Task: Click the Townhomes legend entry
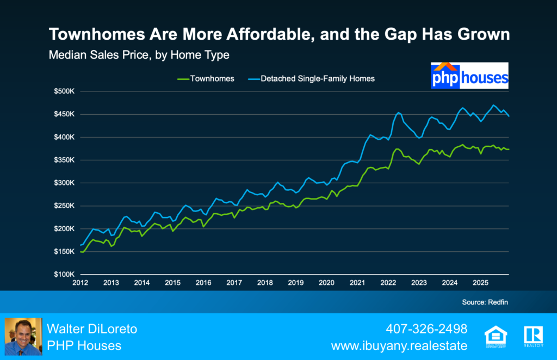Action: click(x=206, y=78)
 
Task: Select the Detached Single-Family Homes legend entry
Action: click(x=318, y=78)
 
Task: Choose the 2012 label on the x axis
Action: click(x=80, y=283)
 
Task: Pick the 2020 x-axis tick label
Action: click(x=326, y=283)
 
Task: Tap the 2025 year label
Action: click(x=480, y=283)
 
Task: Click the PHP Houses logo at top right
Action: click(x=469, y=76)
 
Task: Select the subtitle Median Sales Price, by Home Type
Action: click(x=139, y=55)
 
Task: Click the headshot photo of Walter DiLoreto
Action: click(x=23, y=337)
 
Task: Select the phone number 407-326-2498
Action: click(x=426, y=329)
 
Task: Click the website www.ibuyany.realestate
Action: click(x=400, y=345)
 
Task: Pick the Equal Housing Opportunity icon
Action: click(x=493, y=336)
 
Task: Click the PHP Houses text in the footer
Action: click(x=84, y=345)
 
